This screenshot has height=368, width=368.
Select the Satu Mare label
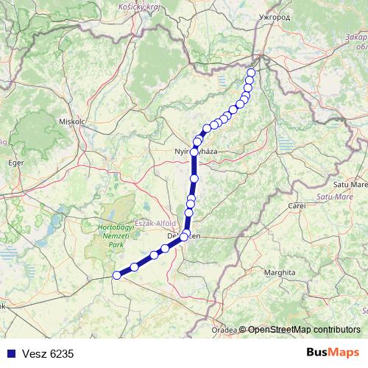(351, 184)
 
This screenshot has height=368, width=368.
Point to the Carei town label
(297, 205)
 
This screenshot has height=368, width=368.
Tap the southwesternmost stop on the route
(116, 275)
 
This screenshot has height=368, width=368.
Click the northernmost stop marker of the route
(251, 72)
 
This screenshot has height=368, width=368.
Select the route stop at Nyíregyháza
(194, 152)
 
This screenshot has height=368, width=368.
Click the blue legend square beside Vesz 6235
(10, 353)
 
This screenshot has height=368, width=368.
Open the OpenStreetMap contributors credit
(304, 330)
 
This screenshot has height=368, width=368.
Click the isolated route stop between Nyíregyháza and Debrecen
(194, 178)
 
